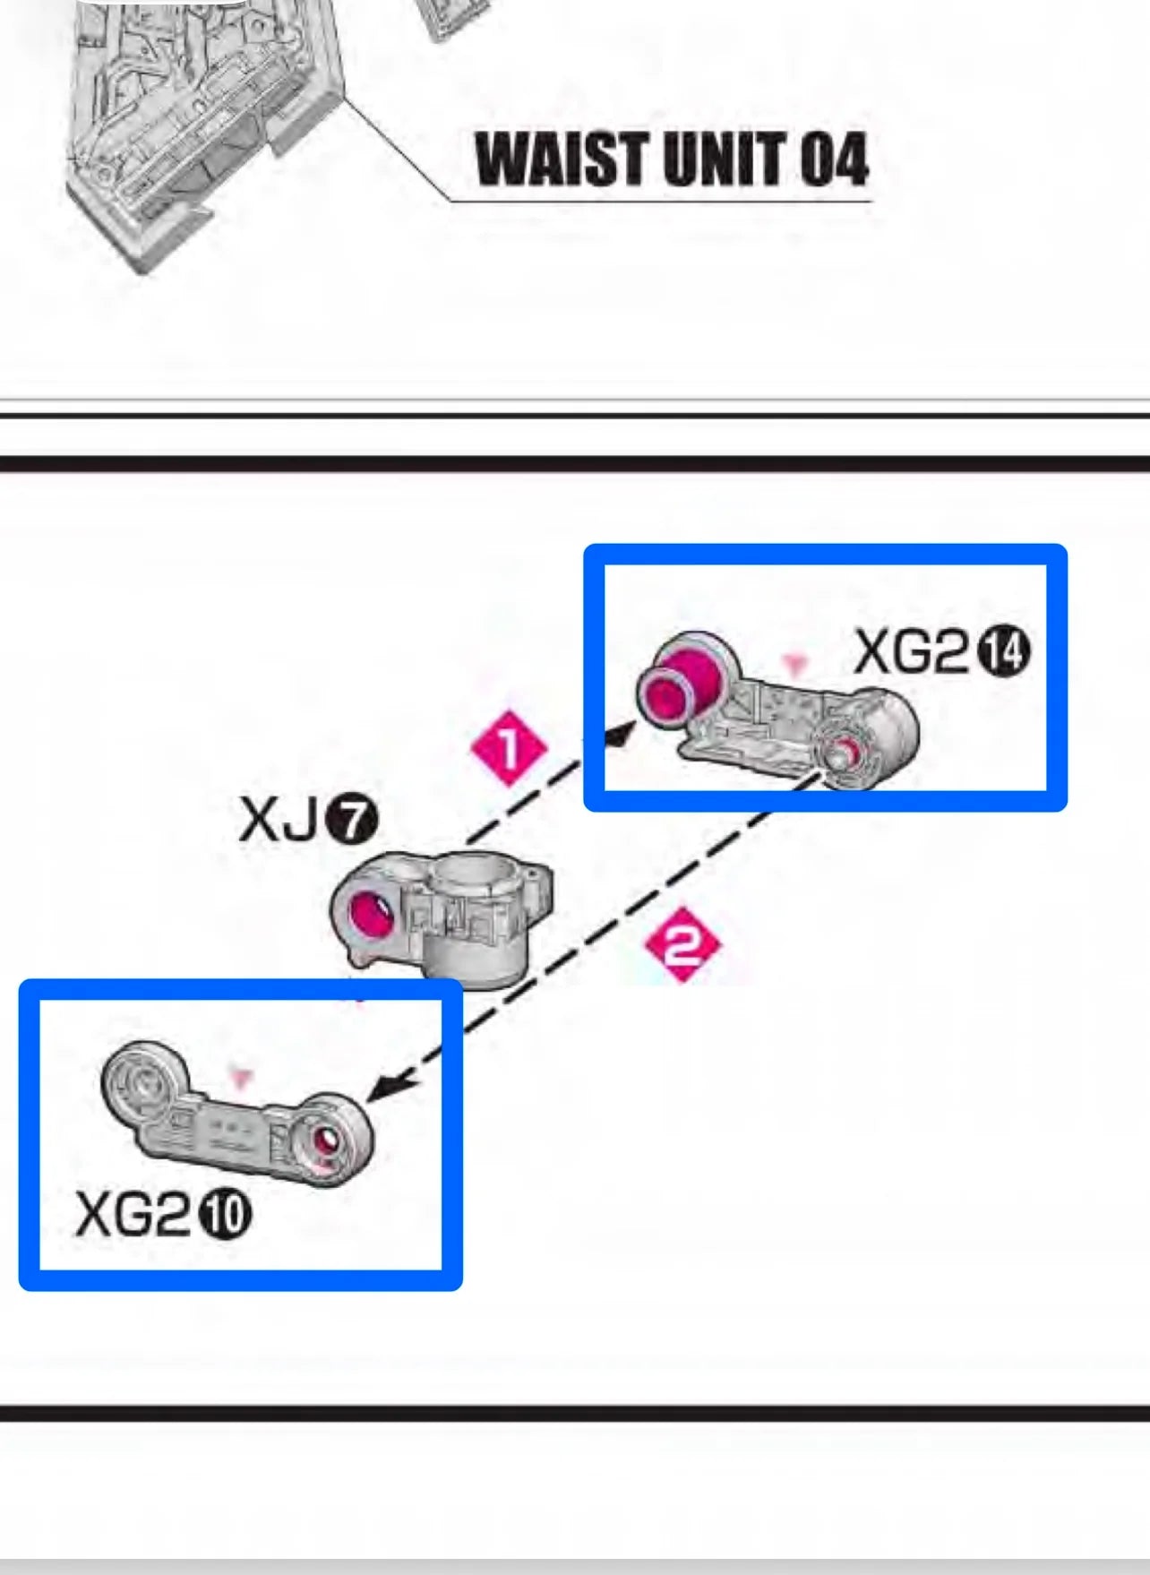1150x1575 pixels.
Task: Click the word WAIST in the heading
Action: pyautogui.click(x=562, y=159)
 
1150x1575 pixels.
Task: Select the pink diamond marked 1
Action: pyautogui.click(x=509, y=748)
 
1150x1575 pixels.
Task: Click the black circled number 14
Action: pyautogui.click(x=1002, y=652)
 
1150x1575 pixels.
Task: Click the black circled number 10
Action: pyautogui.click(x=224, y=1215)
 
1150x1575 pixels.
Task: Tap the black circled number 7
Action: pyautogui.click(x=351, y=820)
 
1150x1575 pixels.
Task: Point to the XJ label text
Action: pyautogui.click(x=279, y=820)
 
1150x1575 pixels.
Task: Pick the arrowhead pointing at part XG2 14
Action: pyautogui.click(x=621, y=733)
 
